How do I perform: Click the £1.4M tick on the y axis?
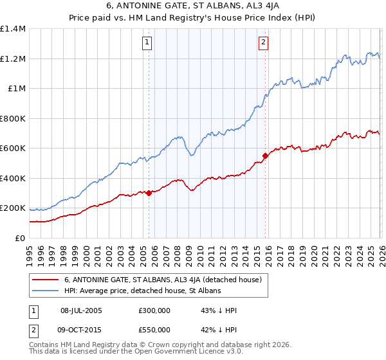click(13, 29)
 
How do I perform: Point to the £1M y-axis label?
click(17, 89)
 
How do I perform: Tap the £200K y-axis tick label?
click(13, 208)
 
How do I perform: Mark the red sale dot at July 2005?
click(149, 193)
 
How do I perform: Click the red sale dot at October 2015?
click(265, 156)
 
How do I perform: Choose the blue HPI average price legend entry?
click(142, 291)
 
